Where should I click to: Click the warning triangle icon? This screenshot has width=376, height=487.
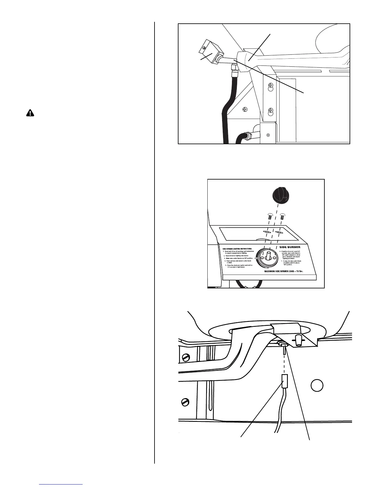[x=30, y=113]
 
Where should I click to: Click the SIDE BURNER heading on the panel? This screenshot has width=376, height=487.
[x=290, y=247]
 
